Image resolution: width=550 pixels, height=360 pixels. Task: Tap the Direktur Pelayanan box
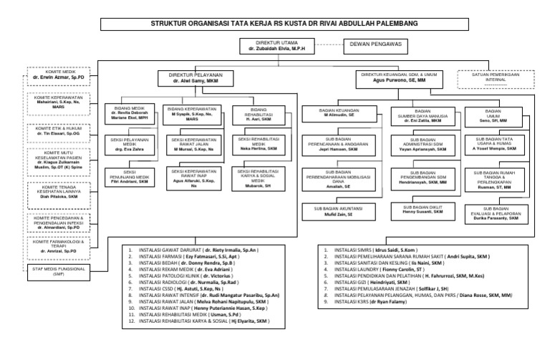click(196, 78)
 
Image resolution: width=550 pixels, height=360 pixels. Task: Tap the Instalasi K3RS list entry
click(380, 302)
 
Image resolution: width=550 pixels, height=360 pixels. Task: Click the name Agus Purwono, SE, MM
click(390, 81)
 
